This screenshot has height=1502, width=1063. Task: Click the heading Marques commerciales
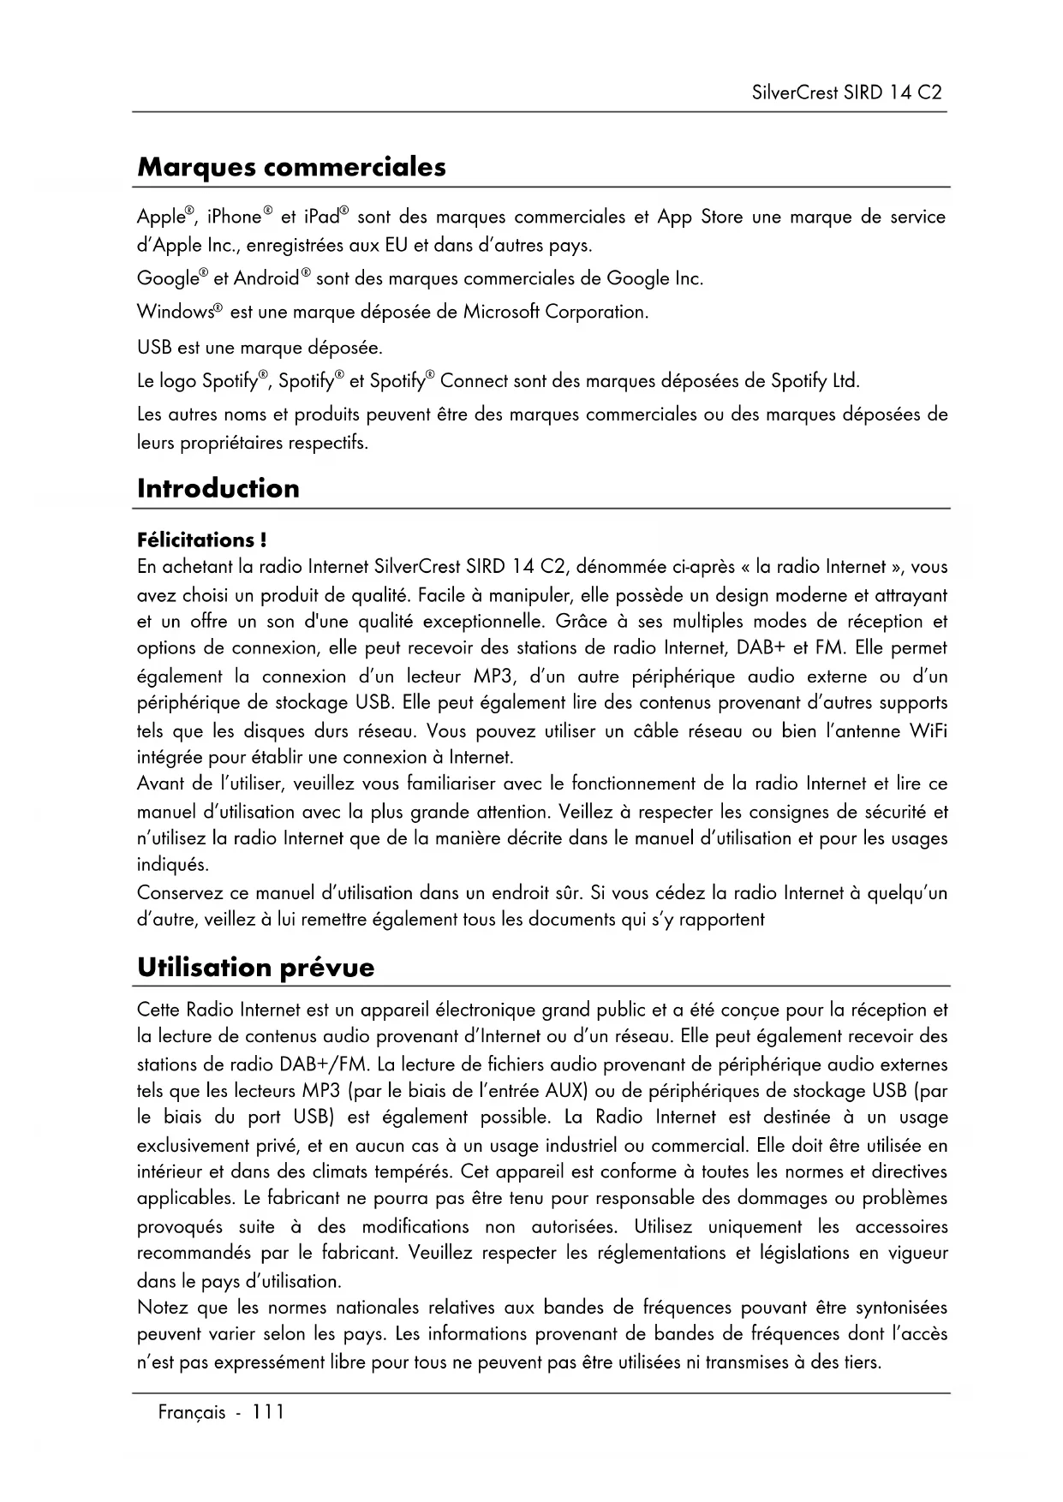(x=291, y=167)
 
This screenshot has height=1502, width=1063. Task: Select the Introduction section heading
(x=218, y=489)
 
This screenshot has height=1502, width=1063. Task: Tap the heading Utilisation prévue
(x=255, y=968)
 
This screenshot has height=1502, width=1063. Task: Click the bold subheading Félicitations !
(x=201, y=540)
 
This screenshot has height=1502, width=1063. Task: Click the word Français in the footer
(x=192, y=1413)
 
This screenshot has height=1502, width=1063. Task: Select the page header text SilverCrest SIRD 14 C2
(x=846, y=92)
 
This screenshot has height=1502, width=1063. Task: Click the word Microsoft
(x=500, y=312)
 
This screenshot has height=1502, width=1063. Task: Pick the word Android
(x=266, y=279)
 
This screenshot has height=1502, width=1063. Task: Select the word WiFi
(x=928, y=731)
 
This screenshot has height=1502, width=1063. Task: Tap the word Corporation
(x=596, y=312)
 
